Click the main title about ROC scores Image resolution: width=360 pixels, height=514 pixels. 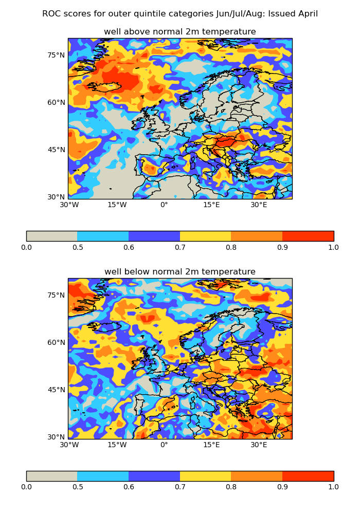[180, 14]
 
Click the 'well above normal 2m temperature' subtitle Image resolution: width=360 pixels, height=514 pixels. [180, 32]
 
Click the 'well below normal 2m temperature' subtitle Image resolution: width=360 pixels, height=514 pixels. [180, 272]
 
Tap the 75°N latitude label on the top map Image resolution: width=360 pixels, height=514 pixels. [57, 55]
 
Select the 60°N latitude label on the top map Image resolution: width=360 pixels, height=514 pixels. [57, 102]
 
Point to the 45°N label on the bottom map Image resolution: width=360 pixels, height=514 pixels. [57, 390]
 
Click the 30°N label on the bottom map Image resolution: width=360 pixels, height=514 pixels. [57, 437]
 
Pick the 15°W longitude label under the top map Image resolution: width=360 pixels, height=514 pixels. [117, 205]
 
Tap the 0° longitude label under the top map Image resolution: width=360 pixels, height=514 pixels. [164, 205]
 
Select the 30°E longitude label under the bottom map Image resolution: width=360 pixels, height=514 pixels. [259, 445]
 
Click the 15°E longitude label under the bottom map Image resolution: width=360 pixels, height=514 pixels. [211, 445]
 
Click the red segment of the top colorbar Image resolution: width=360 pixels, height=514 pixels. [308, 236]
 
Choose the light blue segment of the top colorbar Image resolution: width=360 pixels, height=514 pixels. [103, 236]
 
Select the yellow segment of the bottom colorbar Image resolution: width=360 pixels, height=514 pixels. [205, 476]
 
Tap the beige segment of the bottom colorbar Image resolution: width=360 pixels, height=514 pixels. [51, 476]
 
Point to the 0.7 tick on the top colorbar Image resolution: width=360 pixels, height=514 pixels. [180, 247]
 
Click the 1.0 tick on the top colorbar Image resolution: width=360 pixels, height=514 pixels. [333, 247]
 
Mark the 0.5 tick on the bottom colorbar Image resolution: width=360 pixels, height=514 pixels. [77, 487]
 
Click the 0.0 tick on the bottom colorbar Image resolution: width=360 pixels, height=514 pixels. [26, 487]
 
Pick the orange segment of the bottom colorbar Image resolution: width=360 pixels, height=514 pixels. [257, 476]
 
